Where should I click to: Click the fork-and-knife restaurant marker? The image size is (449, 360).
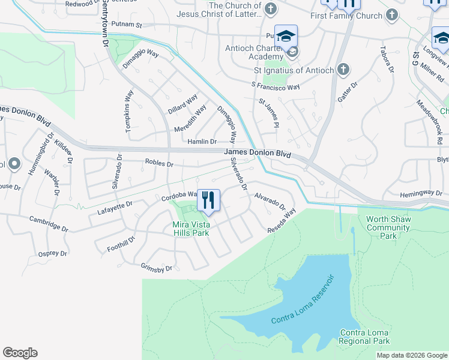(208, 200)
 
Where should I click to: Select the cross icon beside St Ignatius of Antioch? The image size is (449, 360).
(343, 70)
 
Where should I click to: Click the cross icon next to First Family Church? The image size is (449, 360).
(391, 14)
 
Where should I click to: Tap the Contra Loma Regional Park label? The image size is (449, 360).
(365, 337)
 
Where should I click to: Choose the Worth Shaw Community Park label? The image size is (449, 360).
(388, 227)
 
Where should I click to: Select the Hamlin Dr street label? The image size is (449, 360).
(201, 142)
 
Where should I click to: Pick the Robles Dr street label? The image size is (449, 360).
(159, 163)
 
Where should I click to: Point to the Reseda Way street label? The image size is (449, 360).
(282, 221)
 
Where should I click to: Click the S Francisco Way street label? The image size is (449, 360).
(275, 87)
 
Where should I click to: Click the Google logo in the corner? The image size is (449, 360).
(20, 353)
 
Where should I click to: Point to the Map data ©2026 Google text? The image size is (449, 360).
(412, 355)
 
